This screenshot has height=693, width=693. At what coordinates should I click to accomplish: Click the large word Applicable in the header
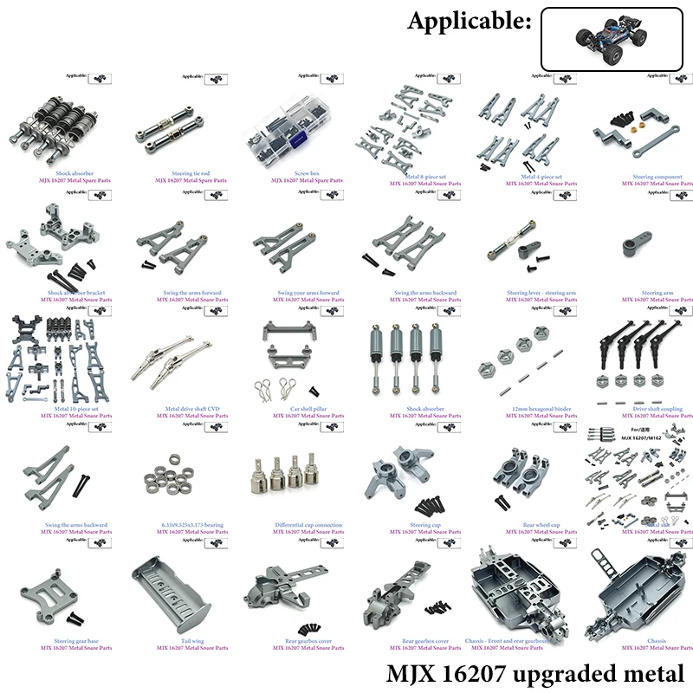pyautogui.click(x=470, y=23)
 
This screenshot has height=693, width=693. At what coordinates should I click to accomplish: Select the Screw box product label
pyautogui.click(x=308, y=173)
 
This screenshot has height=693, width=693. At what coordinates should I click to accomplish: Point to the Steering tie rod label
pyautogui.click(x=191, y=173)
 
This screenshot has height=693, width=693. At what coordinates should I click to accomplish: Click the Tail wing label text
pyautogui.click(x=192, y=641)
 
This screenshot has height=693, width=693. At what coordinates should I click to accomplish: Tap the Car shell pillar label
pyautogui.click(x=308, y=409)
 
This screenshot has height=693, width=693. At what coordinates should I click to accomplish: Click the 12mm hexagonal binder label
pyautogui.click(x=541, y=409)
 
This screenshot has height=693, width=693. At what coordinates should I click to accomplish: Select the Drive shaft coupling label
pyautogui.click(x=657, y=409)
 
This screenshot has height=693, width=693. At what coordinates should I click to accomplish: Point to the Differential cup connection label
pyautogui.click(x=308, y=525)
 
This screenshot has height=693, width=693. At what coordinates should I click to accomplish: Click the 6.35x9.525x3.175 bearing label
pyautogui.click(x=192, y=525)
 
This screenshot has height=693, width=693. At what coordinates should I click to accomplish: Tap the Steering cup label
pyautogui.click(x=425, y=525)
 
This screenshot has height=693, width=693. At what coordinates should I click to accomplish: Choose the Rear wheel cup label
pyautogui.click(x=541, y=525)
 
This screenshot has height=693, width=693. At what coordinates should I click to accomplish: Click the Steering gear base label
pyautogui.click(x=76, y=641)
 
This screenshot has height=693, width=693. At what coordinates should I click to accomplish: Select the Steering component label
pyautogui.click(x=657, y=177)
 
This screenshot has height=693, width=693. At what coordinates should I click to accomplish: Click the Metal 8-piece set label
pyautogui.click(x=425, y=177)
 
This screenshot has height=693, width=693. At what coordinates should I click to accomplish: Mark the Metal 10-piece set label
pyautogui.click(x=76, y=409)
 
